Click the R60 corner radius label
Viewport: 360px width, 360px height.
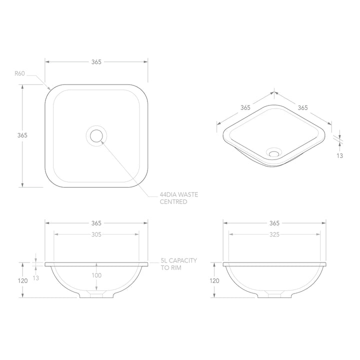click(19, 73)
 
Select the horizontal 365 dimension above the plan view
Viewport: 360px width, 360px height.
click(96, 62)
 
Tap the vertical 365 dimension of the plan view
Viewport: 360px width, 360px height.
click(22, 135)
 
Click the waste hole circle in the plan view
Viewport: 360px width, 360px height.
click(96, 135)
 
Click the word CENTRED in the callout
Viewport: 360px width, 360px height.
click(173, 201)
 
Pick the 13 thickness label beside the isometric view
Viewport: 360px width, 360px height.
click(340, 156)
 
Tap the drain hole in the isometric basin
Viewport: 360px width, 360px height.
click(273, 152)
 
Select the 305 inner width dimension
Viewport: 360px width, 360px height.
click(96, 234)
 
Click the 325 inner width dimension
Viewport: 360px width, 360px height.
click(274, 234)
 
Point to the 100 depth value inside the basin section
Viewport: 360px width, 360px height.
click(96, 275)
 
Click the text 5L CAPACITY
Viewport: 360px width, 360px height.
click(179, 260)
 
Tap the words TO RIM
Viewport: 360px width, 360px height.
click(170, 268)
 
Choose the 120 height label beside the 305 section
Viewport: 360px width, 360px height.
click(23, 280)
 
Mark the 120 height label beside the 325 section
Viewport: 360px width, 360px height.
click(215, 280)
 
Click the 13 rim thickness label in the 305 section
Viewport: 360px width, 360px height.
click(36, 277)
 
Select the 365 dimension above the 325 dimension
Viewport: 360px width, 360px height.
click(274, 223)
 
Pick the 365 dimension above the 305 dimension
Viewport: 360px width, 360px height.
click(96, 223)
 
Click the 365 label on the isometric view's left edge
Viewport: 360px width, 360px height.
click(245, 107)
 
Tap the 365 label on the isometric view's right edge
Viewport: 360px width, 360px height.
click(302, 107)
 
